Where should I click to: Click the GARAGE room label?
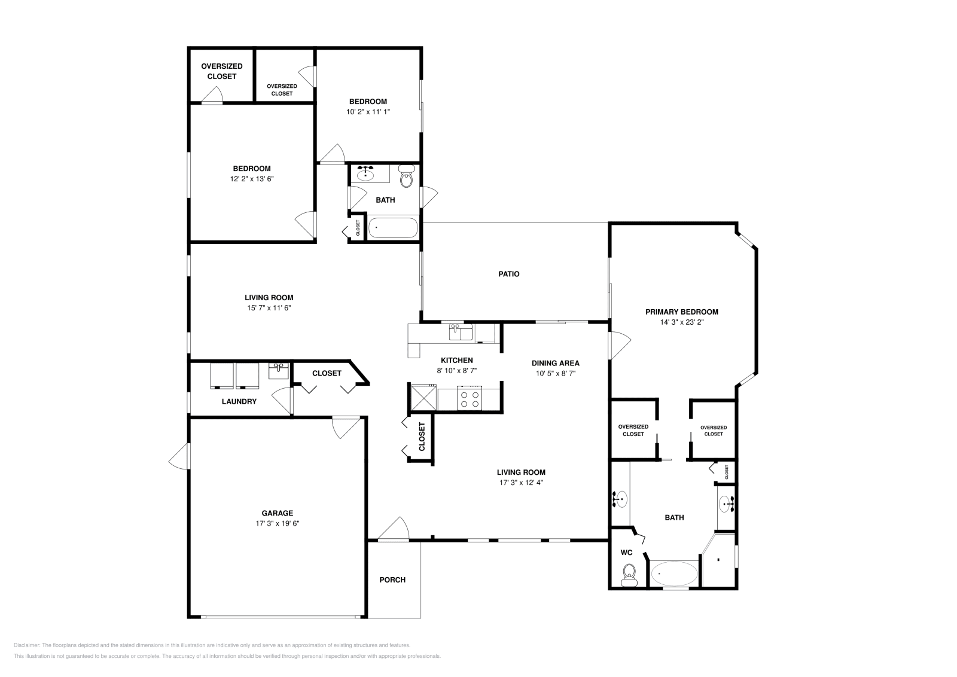point(277,513)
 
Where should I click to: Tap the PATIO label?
point(509,274)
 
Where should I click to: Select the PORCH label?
point(392,580)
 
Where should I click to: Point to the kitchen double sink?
point(461,332)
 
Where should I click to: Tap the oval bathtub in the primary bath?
point(673,574)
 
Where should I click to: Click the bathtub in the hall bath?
point(392,228)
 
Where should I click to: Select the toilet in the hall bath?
point(407,176)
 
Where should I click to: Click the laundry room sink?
point(279,371)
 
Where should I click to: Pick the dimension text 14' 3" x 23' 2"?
point(681,322)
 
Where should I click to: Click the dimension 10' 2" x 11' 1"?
point(368,111)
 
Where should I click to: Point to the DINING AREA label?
point(555,363)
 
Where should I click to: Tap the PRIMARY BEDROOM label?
point(681,312)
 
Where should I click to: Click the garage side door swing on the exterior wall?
point(178,457)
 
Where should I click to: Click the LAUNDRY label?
point(239,401)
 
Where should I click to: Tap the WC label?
point(626,553)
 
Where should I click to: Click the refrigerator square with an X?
point(422,397)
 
